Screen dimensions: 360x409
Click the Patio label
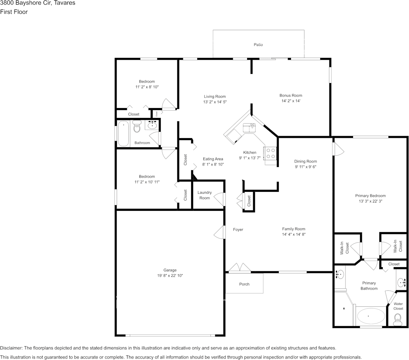258,45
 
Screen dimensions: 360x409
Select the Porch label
244,284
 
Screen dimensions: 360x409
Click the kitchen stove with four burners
271,153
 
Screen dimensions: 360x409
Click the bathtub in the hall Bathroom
123,134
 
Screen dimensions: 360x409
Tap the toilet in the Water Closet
398,318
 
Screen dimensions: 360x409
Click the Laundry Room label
204,195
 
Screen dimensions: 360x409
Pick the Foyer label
238,229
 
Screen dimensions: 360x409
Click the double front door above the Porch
240,268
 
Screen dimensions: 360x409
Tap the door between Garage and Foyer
219,232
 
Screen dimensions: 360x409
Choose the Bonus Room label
291,96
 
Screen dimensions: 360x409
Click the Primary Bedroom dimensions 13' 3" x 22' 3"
370,201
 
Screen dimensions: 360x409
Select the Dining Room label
305,161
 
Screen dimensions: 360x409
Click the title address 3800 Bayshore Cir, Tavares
38,3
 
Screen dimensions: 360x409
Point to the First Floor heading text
14,12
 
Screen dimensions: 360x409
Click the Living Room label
215,97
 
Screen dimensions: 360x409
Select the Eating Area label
213,159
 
